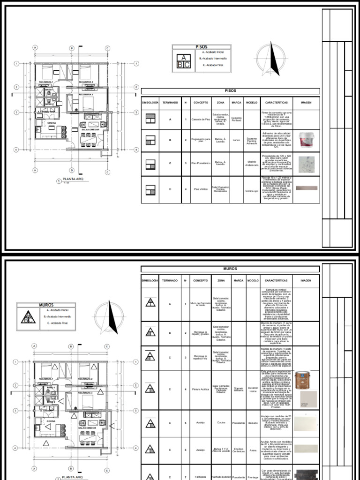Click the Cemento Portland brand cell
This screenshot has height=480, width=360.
click(x=236, y=120)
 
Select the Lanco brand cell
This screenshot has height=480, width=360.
click(x=236, y=141)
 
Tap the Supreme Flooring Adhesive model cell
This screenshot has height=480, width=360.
click(x=252, y=141)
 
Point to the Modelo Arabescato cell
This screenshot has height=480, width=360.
click(x=252, y=163)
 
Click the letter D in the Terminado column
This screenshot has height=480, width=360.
click(x=170, y=190)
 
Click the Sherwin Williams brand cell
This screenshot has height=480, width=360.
click(x=238, y=389)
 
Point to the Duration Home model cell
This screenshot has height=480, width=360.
click(x=253, y=389)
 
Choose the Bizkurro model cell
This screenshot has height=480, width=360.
click(x=253, y=424)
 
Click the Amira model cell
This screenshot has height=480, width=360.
click(x=253, y=450)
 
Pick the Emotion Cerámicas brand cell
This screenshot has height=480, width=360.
click(x=238, y=450)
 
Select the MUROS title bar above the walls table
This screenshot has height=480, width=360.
click(x=230, y=269)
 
